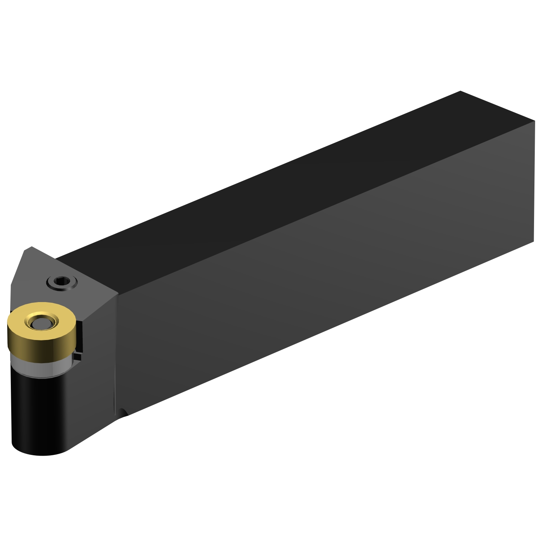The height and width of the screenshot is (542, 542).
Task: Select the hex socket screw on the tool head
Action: [x=62, y=281]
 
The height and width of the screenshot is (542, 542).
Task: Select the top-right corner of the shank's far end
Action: [x=534, y=121]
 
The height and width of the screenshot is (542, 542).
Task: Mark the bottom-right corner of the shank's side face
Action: [x=534, y=241]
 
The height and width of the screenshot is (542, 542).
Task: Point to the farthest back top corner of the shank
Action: [x=460, y=91]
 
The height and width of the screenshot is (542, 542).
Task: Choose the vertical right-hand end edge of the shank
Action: [x=534, y=181]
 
